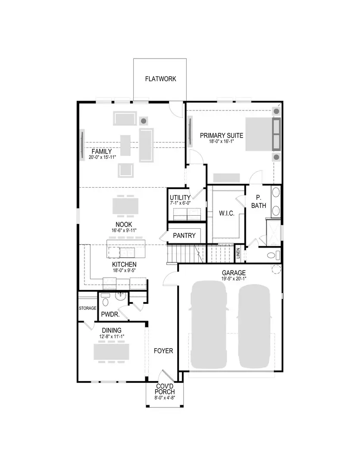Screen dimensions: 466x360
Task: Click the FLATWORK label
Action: tap(160, 79)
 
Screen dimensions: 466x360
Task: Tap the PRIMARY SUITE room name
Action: tap(221, 135)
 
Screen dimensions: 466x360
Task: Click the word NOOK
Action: tap(123, 224)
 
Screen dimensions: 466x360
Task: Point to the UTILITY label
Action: tap(180, 197)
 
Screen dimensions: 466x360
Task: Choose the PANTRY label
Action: tap(184, 236)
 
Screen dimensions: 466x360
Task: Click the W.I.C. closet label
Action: tap(226, 214)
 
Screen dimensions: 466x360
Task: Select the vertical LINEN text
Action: tap(238, 254)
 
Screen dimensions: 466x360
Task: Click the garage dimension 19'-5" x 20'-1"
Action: tap(234, 279)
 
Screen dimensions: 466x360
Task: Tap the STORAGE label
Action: tap(88, 309)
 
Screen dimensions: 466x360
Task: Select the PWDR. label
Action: tap(110, 315)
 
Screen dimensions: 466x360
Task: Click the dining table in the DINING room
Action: tap(111, 352)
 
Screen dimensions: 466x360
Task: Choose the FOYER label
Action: tap(163, 351)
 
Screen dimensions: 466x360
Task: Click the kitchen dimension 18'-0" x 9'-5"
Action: tap(124, 271)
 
